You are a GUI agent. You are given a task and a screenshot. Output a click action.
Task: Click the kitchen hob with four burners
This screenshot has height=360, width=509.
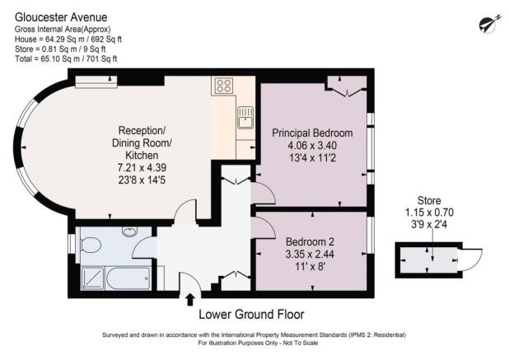tap(222, 86)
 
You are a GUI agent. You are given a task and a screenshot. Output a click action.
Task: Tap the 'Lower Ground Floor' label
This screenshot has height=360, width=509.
tap(252, 314)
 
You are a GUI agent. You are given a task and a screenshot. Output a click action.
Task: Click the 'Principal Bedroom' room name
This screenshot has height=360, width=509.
tap(312, 133)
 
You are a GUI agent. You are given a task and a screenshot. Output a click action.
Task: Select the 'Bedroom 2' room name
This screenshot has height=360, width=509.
tap(309, 241)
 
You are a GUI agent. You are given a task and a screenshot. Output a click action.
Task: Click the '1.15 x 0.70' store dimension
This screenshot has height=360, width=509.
tap(430, 211)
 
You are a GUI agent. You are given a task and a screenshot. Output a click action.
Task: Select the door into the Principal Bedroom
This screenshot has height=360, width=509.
tap(261, 192)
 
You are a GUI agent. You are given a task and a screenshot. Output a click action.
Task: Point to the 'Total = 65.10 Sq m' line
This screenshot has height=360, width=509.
tap(66, 58)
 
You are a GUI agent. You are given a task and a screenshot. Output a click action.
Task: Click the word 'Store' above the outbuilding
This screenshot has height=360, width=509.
tap(430, 199)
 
